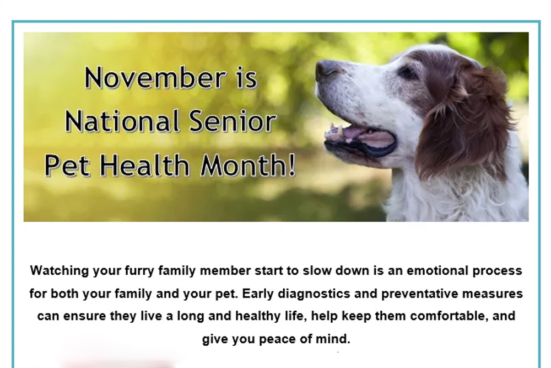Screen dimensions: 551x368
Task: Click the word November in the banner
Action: click(155, 78)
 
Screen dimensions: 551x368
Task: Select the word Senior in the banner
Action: click(233, 121)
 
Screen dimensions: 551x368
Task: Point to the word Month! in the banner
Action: click(248, 164)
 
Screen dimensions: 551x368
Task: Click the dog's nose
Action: click(326, 68)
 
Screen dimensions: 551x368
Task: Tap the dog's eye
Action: click(408, 73)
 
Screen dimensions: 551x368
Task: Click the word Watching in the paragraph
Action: click(60, 271)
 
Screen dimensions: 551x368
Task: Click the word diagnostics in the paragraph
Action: click(314, 294)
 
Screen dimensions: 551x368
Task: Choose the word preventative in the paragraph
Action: click(420, 294)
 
